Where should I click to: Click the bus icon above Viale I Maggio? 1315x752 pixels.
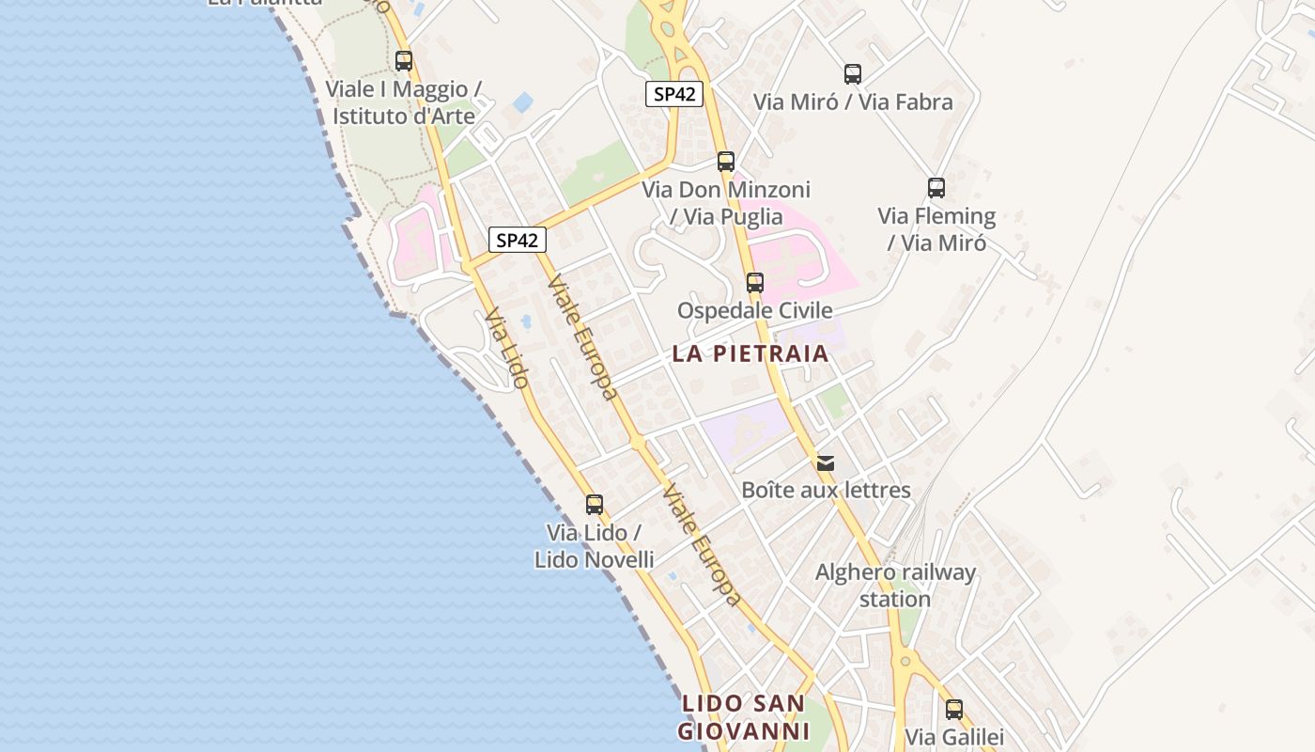coord(404,61)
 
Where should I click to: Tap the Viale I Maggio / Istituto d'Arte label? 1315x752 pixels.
coord(404,102)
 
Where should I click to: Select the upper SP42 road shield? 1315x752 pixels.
coord(674,94)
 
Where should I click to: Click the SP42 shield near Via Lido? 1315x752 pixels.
coord(517,240)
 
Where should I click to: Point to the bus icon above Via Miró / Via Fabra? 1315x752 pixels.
coord(853,74)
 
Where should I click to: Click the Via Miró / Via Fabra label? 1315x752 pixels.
coord(853,102)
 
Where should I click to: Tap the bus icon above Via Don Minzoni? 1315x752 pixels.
coord(726,161)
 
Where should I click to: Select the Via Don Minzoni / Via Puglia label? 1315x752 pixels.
coord(726,203)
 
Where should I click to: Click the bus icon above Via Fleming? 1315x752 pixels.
coord(936,188)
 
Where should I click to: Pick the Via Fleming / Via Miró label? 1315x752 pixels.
coord(936,229)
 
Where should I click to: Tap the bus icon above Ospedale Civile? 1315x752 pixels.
coord(755,283)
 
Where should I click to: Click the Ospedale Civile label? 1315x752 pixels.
coord(755,311)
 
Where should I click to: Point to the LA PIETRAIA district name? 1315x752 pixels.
coord(750,354)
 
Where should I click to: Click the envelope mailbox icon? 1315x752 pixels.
coord(826,462)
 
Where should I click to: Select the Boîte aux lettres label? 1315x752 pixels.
coord(826,490)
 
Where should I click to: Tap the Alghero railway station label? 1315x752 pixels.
coord(895,586)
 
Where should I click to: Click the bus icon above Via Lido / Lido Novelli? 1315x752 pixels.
coord(595,505)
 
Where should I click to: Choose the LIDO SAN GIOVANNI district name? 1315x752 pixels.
coord(743,717)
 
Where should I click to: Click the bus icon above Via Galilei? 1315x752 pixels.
coord(954,710)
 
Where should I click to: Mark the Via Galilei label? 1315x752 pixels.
coord(954,737)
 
